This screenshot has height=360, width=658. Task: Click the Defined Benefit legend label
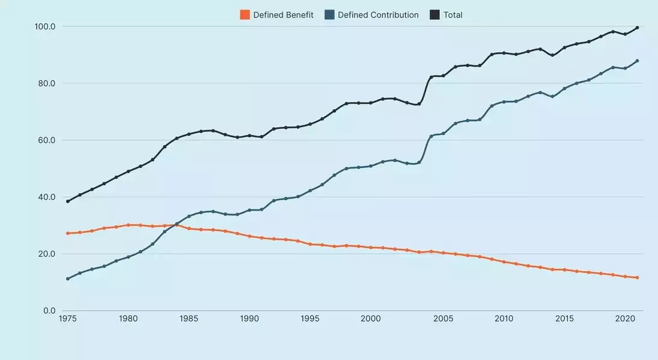coord(283,15)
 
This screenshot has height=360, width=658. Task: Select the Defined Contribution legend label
coord(378,15)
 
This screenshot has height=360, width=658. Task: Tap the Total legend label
coord(453,15)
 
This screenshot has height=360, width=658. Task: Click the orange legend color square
coord(245,15)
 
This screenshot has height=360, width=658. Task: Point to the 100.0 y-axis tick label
coord(45,26)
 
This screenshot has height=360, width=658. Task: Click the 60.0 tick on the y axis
coord(46,140)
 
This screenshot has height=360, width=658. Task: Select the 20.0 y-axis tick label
coord(46,254)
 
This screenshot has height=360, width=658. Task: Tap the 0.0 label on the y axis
coord(49,311)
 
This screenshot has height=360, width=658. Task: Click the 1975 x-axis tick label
coord(67,319)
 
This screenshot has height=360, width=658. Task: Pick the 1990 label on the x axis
coord(249,319)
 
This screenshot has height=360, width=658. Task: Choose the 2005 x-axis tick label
coord(443,319)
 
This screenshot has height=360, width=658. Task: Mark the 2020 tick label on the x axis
coord(625,319)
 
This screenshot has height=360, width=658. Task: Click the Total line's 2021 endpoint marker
coord(637,28)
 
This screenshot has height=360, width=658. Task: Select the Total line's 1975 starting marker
coord(67,201)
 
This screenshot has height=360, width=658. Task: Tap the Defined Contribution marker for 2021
coord(637,61)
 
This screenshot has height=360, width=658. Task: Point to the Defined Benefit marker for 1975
coord(67,233)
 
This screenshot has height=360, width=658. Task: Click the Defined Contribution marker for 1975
coord(67,278)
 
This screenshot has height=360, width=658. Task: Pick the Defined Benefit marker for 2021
coord(637,278)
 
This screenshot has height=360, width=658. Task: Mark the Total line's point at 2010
coord(504,53)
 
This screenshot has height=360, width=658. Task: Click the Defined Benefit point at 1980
coord(128,225)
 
